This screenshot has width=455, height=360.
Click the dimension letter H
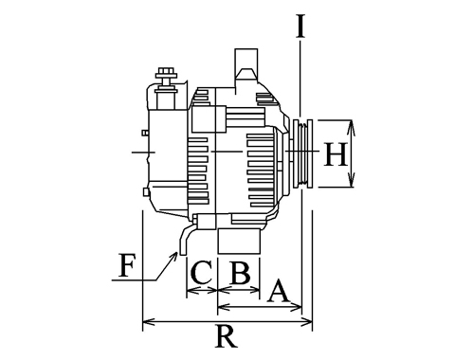336,153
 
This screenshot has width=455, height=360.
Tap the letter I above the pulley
300,27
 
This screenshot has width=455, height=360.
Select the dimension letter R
227,336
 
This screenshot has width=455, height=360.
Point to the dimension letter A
278,290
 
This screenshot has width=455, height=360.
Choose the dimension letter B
241,273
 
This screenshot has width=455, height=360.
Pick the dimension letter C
202,273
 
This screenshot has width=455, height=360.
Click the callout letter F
127,265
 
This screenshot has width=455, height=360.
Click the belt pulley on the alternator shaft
302,153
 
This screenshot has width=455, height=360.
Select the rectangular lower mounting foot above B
239,242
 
